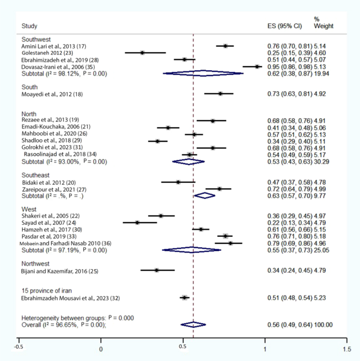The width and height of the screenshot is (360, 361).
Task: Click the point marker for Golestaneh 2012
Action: (142, 53)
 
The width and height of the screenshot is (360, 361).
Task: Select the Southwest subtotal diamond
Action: (203, 73)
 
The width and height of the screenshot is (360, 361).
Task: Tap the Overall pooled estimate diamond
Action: (193, 324)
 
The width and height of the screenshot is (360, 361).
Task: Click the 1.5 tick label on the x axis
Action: (347, 349)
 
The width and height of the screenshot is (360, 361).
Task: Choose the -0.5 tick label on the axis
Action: (19, 347)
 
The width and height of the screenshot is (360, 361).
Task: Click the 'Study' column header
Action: (29, 26)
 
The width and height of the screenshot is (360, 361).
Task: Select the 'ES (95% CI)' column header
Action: (284, 26)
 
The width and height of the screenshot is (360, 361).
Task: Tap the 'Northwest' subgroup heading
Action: (35, 264)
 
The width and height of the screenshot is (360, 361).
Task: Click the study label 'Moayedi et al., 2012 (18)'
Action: (52, 94)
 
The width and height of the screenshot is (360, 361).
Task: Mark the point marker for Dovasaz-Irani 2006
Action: (257, 67)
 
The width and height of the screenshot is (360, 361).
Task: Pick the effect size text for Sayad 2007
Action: (290, 223)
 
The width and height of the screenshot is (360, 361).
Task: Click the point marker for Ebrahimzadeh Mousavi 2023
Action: (184, 297)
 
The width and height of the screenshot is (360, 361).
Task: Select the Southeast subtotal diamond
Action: (205, 195)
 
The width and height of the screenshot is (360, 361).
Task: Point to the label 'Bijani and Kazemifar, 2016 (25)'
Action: (59, 271)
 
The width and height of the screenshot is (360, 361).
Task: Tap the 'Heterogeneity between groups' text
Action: (64, 318)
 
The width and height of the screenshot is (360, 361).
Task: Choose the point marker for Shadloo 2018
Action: (157, 141)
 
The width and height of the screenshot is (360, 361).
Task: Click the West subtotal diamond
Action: (191, 250)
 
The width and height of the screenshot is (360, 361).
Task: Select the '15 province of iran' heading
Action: (47, 291)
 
